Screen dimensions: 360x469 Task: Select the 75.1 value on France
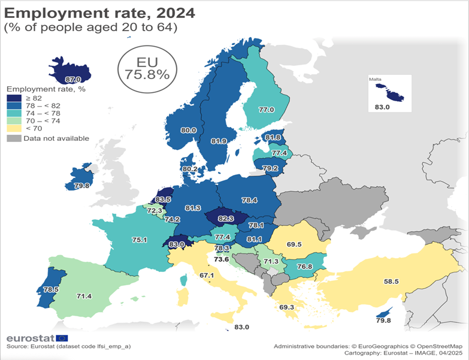[140, 240]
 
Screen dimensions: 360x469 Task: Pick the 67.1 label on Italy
[207, 276]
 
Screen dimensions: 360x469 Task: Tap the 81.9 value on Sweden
[219, 141]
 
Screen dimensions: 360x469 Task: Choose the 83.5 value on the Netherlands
[164, 199]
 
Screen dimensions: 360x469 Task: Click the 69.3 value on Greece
[288, 307]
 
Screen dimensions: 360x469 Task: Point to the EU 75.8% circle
[147, 68]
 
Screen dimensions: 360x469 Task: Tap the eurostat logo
[37, 338]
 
